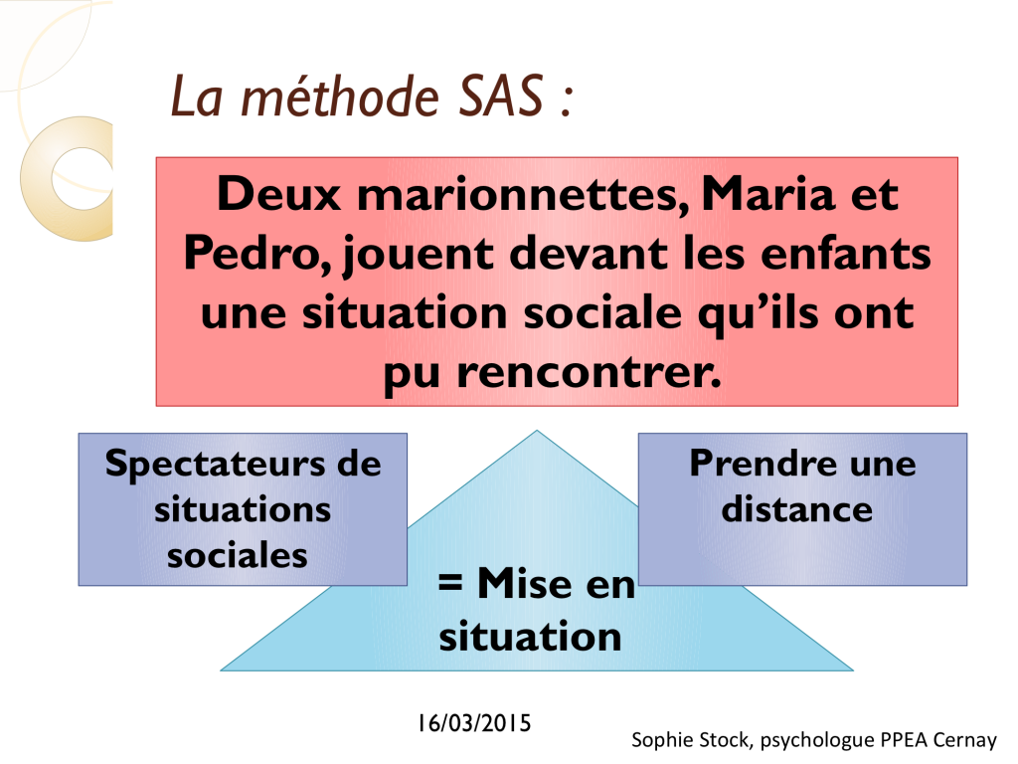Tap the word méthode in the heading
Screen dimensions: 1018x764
(340, 96)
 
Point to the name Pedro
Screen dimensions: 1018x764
(257, 253)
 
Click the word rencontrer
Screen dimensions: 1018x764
(589, 372)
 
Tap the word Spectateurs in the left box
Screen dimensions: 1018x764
(216, 464)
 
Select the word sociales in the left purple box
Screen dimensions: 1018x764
(237, 555)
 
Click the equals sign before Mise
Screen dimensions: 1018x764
(450, 582)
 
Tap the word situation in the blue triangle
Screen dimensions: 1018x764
(530, 636)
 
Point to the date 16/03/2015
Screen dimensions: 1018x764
(474, 723)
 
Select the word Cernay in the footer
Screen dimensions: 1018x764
(964, 740)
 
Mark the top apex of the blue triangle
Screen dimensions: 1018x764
(537, 431)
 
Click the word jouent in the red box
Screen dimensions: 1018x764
(419, 254)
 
